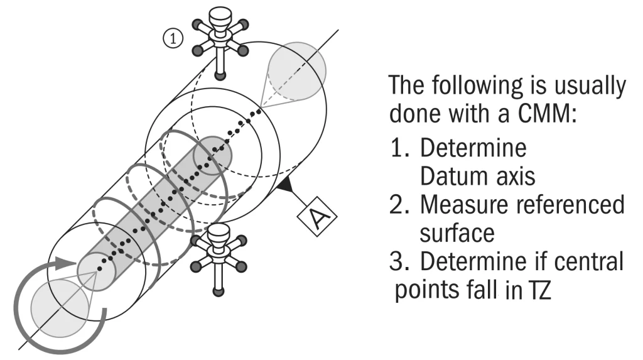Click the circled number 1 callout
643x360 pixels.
[x=173, y=38]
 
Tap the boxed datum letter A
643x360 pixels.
[x=317, y=216]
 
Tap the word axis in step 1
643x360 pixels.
[x=516, y=177]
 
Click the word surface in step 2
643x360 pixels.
[x=457, y=233]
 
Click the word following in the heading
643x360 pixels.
[x=477, y=85]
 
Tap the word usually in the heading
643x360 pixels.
[x=590, y=86]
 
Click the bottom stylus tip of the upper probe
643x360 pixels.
[x=220, y=75]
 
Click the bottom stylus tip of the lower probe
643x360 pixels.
[x=219, y=292]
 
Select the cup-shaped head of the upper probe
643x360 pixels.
[x=220, y=18]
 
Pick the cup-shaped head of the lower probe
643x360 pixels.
[x=218, y=236]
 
